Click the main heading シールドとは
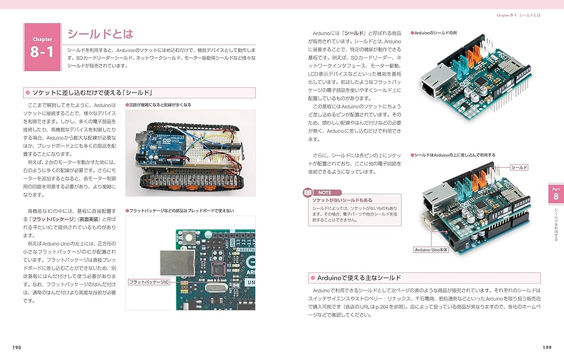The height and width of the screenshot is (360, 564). (100, 34)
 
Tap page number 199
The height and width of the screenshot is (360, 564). (547, 348)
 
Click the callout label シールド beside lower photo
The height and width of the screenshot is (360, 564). (519, 168)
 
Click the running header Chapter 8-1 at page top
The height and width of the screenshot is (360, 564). (517, 15)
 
